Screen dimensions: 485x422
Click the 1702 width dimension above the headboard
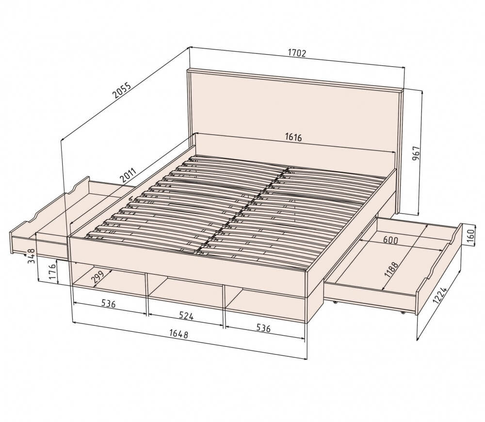[297, 53]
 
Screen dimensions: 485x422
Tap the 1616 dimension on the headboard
[293, 137]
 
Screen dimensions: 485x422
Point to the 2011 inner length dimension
[128, 175]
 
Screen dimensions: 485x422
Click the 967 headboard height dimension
[417, 153]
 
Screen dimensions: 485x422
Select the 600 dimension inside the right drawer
[390, 240]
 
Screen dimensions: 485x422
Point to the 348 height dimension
[31, 256]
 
